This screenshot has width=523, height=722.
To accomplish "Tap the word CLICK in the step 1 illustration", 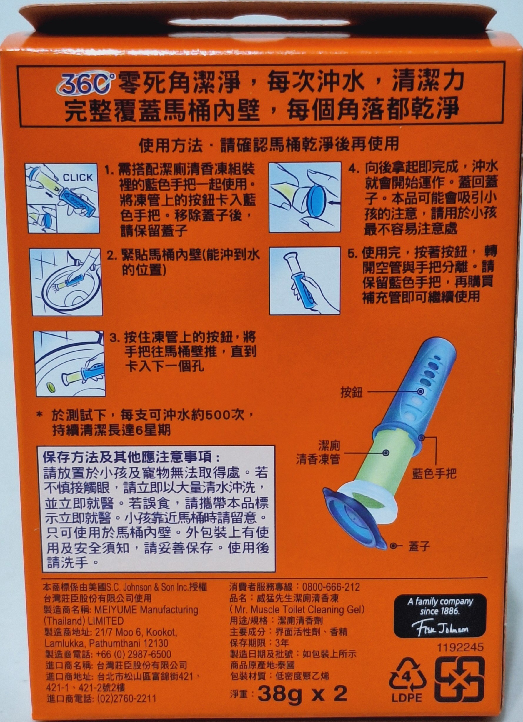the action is (x=77, y=178).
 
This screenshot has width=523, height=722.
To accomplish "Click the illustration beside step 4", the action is (x=305, y=197).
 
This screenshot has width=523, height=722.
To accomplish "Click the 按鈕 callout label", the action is (x=351, y=393).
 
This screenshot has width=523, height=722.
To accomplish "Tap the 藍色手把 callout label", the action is (x=434, y=474).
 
